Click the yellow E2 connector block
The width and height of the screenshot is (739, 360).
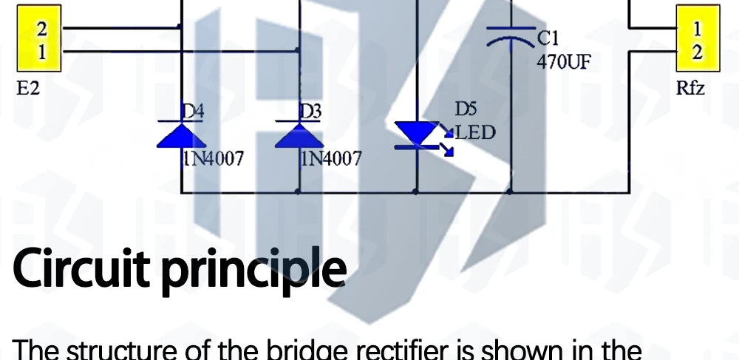click(39, 38)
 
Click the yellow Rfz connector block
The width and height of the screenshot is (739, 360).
click(698, 38)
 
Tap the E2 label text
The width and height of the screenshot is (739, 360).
click(28, 89)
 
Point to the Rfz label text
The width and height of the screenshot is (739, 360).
click(690, 88)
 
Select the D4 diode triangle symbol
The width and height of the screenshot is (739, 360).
click(181, 135)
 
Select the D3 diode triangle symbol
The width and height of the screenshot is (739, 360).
click(299, 135)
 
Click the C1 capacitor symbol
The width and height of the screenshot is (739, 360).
click(511, 37)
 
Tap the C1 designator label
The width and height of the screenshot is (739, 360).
click(548, 38)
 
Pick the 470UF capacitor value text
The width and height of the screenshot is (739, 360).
click(563, 62)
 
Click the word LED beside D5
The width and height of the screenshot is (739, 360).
click(475, 133)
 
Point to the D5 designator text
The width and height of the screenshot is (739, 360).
click(466, 109)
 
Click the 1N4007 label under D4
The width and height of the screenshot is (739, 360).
click(214, 159)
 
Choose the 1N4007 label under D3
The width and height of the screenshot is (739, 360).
click(331, 159)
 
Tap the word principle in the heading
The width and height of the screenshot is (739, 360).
click(253, 272)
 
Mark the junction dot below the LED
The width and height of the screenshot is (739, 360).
click(415, 191)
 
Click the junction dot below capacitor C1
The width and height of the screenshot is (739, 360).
click(509, 191)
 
